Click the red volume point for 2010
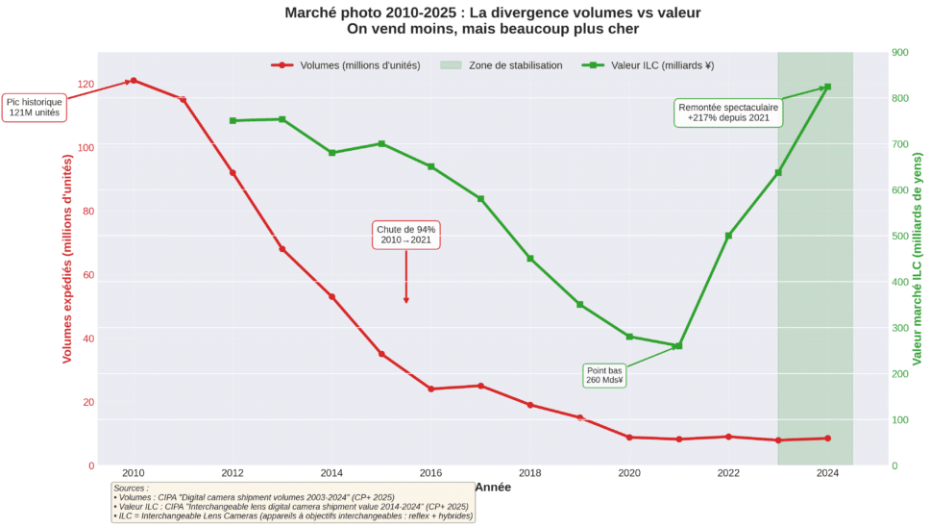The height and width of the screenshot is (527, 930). pos(134,81)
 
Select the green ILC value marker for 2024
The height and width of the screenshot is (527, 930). pos(827,88)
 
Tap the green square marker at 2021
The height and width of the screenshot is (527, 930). pos(678,346)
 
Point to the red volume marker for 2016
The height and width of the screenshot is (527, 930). pos(430,389)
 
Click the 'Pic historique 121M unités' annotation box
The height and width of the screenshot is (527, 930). pos(35,107)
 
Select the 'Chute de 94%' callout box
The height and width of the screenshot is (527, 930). pos(406,234)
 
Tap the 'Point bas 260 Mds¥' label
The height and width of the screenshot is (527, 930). pos(604,375)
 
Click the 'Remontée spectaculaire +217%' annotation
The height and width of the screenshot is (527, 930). pos(728,112)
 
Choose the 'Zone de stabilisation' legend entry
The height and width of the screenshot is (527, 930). pos(501,65)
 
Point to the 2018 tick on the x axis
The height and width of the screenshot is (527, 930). pos(529,473)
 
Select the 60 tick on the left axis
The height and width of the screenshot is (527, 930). pos(90,275)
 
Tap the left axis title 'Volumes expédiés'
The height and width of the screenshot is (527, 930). pos(67,260)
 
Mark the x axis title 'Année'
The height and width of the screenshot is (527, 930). pos(492,488)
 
